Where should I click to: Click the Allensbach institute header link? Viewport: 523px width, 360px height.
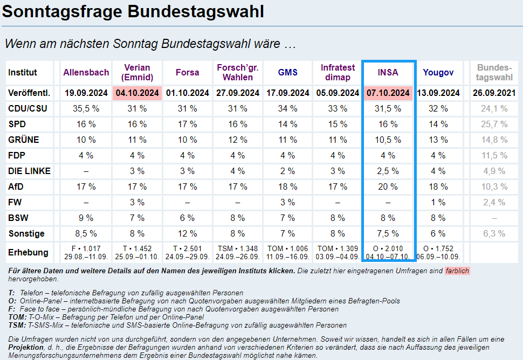(86, 72)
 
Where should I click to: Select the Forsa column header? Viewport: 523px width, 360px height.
(187, 72)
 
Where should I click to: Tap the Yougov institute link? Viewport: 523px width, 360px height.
(438, 72)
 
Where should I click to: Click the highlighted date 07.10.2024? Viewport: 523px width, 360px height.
(388, 93)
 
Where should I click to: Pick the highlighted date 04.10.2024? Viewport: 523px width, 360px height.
(137, 93)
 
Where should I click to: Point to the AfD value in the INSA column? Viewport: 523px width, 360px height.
(388, 186)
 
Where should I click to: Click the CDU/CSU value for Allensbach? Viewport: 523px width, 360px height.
(86, 108)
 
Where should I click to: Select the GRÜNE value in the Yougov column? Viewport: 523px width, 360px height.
(438, 140)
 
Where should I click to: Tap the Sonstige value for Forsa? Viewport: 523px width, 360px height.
(187, 234)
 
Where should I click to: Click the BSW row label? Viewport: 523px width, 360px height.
(19, 218)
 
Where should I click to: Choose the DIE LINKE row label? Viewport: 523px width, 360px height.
(29, 171)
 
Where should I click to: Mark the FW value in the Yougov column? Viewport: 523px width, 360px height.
(438, 203)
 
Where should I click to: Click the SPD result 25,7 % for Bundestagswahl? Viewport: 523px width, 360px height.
(494, 124)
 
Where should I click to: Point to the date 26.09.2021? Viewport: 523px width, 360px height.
(494, 93)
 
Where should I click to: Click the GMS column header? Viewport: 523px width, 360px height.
(287, 72)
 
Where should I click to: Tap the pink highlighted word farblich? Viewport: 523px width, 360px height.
(457, 271)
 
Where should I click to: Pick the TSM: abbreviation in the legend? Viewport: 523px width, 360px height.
(17, 326)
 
